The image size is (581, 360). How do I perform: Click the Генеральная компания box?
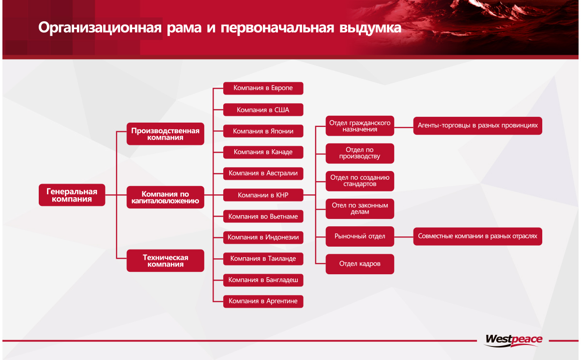(x=72, y=195)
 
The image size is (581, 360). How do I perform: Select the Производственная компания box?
(x=165, y=134)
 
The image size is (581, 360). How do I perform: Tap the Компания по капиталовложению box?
(x=165, y=197)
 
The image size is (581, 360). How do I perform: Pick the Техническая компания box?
(x=165, y=261)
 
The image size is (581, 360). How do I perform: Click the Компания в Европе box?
(x=263, y=88)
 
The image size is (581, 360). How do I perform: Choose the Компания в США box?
(x=263, y=110)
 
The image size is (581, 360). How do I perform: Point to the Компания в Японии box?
(x=263, y=131)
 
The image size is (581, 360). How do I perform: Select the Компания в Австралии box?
(x=263, y=173)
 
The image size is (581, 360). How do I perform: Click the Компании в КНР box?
(x=263, y=195)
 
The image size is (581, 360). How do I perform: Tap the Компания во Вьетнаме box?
(x=263, y=216)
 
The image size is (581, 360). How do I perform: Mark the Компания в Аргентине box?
(x=263, y=301)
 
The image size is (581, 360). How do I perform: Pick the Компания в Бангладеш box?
(x=263, y=280)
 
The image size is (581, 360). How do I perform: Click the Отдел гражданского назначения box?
(x=360, y=126)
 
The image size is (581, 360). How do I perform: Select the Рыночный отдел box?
(x=360, y=236)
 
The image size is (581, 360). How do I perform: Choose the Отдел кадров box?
(x=360, y=264)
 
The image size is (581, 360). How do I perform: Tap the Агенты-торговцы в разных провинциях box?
(x=477, y=125)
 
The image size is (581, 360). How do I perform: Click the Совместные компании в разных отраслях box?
(x=477, y=236)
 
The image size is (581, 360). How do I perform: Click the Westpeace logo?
(x=513, y=340)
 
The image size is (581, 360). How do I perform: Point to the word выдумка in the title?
(x=370, y=28)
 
